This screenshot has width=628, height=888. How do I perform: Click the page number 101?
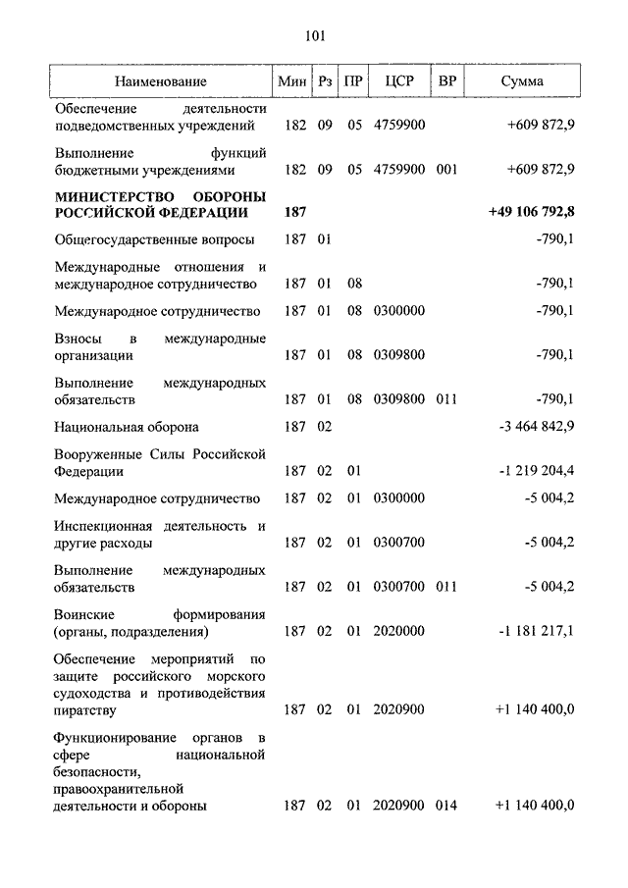(314, 37)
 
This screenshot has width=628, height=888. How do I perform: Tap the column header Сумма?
(521, 81)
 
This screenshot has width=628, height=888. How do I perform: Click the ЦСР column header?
(398, 81)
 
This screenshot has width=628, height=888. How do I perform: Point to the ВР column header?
(447, 81)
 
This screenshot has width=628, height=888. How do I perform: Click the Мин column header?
(292, 81)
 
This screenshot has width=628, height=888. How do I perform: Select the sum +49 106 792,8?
(530, 212)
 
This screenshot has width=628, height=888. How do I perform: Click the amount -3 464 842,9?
(536, 427)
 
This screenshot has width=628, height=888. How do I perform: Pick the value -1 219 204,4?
(536, 472)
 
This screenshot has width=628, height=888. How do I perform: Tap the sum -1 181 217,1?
(536, 633)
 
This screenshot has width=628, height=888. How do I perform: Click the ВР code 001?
(447, 169)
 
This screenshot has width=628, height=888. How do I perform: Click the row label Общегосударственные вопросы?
(154, 239)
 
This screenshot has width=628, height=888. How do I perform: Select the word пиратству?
(85, 708)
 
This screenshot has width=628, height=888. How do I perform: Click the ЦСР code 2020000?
(398, 633)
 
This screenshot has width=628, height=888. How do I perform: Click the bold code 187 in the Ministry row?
(294, 212)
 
